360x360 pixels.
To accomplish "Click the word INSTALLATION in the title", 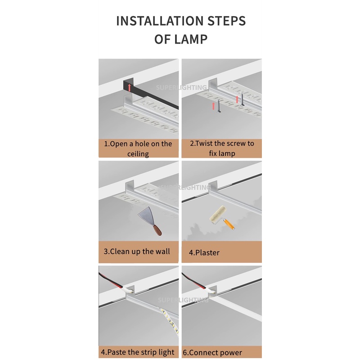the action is pos(160,21).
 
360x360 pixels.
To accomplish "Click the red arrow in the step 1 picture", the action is pos(130,87).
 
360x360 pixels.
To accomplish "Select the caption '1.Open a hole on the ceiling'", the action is pos(138,148).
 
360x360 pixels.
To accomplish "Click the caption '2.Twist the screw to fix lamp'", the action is pos(222,148).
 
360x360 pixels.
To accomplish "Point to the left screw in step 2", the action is pos(219,106).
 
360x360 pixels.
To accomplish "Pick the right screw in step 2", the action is pos(242,99).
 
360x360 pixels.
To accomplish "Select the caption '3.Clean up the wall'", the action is pos(137,252).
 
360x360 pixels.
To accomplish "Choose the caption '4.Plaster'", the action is pos(204,252).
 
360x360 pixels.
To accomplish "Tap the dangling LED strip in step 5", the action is pos(170,321).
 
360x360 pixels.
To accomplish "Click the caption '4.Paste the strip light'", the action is pos(138,352).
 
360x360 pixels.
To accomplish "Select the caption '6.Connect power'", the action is pos(212,352).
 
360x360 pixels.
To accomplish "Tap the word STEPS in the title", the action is pos(227,21).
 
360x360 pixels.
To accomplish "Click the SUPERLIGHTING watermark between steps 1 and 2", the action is pos(181,87).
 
